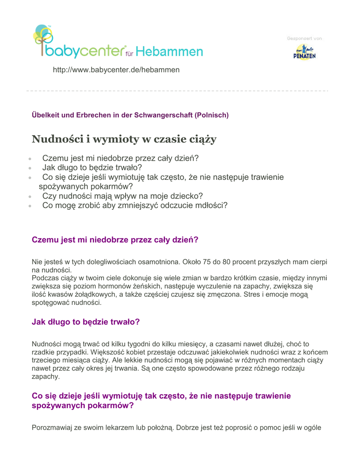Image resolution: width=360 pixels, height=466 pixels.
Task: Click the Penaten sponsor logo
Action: (304, 52)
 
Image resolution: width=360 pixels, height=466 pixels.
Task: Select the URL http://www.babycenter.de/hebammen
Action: (116, 70)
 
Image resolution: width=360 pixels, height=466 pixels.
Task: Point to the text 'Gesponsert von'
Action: (304, 38)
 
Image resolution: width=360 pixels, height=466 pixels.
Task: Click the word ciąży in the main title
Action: (202, 139)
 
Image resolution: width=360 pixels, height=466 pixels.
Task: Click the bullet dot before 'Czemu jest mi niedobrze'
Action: (30, 160)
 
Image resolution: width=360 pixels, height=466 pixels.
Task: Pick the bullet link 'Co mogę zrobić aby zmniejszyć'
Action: (135, 205)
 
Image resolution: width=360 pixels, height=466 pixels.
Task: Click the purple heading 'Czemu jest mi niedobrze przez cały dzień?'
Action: (115, 239)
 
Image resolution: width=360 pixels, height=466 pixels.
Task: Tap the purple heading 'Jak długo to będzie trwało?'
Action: (86, 322)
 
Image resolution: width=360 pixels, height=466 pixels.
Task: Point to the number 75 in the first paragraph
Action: (207, 262)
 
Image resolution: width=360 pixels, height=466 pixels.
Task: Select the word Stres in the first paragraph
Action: (265, 294)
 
